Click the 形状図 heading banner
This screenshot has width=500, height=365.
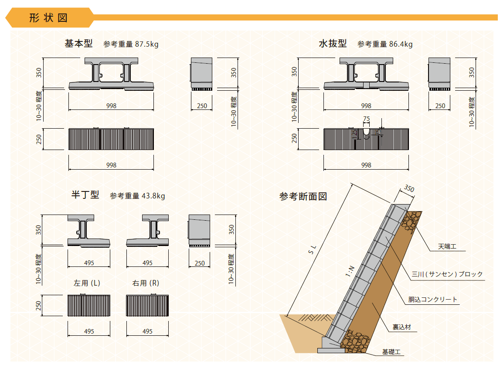click(x=49, y=17)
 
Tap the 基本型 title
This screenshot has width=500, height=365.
click(x=78, y=44)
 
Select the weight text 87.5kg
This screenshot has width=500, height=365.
click(x=146, y=44)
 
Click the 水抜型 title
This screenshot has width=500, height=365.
click(x=333, y=44)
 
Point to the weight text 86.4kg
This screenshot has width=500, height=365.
click(x=401, y=44)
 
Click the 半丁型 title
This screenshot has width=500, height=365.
click(x=85, y=194)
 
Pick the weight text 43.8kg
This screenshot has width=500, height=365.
click(x=153, y=195)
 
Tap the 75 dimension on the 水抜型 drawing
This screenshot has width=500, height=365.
click(x=366, y=119)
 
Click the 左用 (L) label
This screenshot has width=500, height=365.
click(x=87, y=283)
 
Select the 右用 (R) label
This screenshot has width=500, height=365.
click(x=146, y=283)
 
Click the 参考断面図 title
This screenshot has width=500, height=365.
click(x=303, y=196)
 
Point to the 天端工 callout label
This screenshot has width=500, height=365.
click(x=447, y=246)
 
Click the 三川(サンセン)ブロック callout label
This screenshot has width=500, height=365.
click(x=447, y=274)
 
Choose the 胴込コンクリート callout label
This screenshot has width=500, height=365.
click(x=433, y=300)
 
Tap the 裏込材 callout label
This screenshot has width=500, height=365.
click(x=401, y=327)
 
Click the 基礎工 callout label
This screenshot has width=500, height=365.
click(x=391, y=352)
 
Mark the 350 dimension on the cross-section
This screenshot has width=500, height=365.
click(x=409, y=188)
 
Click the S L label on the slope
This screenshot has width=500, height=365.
click(x=313, y=249)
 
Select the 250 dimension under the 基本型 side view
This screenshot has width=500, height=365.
click(x=202, y=106)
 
